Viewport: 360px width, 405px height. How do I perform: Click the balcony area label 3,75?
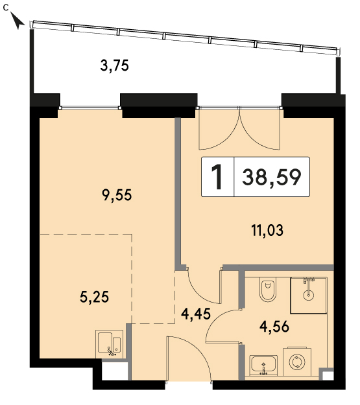[114, 65]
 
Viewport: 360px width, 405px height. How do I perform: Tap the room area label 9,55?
[117, 195]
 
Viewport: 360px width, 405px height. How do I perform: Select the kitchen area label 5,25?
[95, 297]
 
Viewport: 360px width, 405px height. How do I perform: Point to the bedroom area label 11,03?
[267, 230]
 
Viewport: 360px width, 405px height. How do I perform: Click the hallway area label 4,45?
[196, 314]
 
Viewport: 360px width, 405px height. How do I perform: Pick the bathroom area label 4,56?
[274, 327]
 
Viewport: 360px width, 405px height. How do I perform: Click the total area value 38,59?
[272, 177]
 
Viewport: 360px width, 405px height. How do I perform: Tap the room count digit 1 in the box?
[217, 177]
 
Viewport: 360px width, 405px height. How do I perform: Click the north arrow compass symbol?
[17, 21]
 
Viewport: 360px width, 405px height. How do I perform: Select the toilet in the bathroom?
[268, 290]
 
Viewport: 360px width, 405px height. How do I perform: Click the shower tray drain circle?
[308, 295]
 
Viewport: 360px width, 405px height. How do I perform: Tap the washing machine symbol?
[297, 362]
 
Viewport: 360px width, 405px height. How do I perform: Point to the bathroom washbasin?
[263, 365]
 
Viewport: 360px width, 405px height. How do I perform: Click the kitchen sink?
[110, 344]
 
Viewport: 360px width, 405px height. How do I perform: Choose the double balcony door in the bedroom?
[239, 129]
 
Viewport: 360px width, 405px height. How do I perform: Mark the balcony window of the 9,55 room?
[90, 108]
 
